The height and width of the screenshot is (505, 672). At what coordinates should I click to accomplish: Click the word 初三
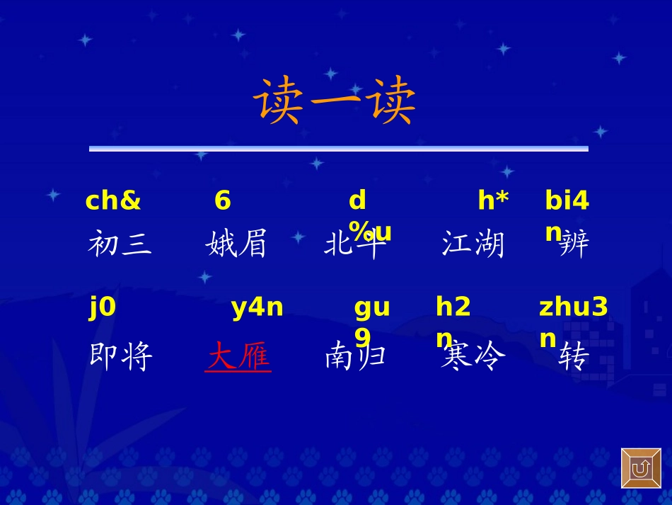(120, 244)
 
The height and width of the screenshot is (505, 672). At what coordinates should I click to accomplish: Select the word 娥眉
(237, 244)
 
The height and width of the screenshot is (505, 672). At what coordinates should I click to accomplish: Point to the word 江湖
(473, 244)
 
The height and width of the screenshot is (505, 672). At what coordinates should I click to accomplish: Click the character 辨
(574, 245)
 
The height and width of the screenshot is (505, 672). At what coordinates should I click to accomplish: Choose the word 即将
(121, 356)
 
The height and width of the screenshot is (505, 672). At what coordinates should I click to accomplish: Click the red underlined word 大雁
(238, 357)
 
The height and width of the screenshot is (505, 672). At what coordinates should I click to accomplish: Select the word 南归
(355, 357)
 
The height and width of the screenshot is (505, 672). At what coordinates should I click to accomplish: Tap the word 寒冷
(473, 357)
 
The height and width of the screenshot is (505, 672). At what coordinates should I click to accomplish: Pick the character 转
(574, 357)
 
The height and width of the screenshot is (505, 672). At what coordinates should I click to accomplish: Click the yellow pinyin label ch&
(113, 202)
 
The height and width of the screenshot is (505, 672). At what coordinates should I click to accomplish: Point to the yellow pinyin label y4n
(257, 308)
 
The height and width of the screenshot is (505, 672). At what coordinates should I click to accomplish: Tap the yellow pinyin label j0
(103, 308)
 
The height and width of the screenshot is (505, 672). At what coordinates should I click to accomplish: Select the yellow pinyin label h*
(493, 202)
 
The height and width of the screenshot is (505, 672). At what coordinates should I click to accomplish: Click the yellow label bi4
(567, 202)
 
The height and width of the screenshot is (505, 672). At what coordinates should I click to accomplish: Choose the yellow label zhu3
(573, 308)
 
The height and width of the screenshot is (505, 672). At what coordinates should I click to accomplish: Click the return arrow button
(641, 467)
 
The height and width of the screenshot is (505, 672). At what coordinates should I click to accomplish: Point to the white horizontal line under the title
(338, 149)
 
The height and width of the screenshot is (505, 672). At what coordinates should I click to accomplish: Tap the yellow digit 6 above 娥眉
(223, 202)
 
